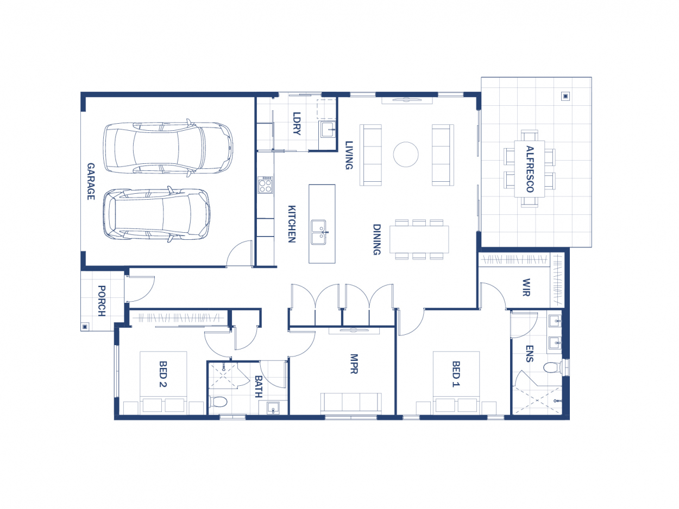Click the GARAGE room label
[x=91, y=181]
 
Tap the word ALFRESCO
[x=530, y=169]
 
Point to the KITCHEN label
[x=291, y=224]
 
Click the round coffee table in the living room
[x=406, y=155]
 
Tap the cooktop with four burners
[x=265, y=185]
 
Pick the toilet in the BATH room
[x=218, y=402]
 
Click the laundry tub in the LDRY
[x=328, y=129]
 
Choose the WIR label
[x=525, y=288]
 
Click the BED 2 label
[x=162, y=374]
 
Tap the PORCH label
[x=101, y=301]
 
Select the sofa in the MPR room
[x=350, y=403]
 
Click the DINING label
[x=376, y=239]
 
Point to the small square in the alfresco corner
[x=565, y=97]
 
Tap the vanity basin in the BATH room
[x=273, y=408]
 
